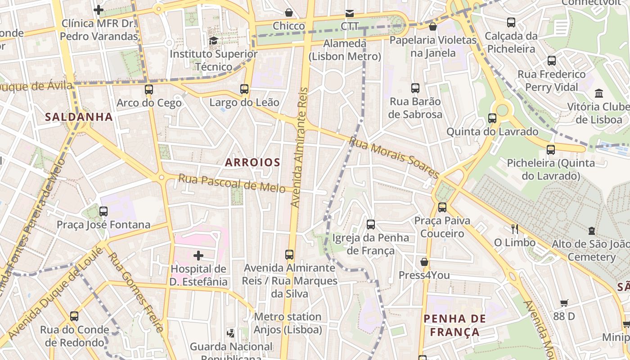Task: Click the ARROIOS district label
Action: click(x=252, y=162)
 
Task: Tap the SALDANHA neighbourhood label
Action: click(x=79, y=117)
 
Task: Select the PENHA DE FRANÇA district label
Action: click(x=454, y=325)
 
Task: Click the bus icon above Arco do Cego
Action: click(x=149, y=90)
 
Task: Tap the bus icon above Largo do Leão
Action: click(x=244, y=89)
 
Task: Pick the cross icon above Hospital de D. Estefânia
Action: click(x=198, y=256)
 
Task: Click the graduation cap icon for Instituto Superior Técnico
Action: click(x=213, y=41)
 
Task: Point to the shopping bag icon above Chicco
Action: click(x=289, y=13)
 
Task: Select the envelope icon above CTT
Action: click(x=350, y=13)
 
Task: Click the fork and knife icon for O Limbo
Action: click(x=515, y=229)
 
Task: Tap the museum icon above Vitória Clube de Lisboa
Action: click(x=599, y=94)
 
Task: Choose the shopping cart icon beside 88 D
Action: click(x=564, y=303)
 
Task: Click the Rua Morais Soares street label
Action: click(x=394, y=157)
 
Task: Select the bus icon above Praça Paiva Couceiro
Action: click(x=442, y=207)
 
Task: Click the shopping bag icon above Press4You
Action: click(x=424, y=262)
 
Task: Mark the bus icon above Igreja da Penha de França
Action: click(x=371, y=224)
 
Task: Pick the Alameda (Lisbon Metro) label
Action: click(x=345, y=50)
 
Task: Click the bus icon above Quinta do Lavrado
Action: click(x=492, y=118)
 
